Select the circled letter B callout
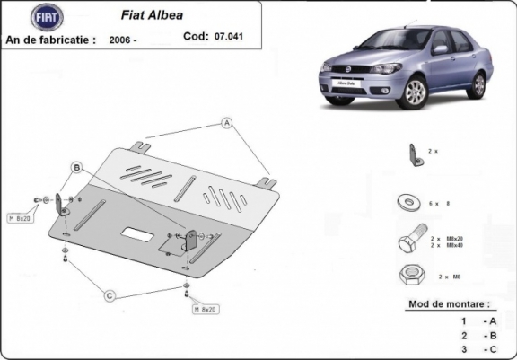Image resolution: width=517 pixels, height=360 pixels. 77,168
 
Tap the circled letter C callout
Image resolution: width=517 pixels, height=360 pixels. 109,295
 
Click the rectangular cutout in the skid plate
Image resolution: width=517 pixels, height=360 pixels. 137,233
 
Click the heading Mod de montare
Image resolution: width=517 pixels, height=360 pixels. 449,305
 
